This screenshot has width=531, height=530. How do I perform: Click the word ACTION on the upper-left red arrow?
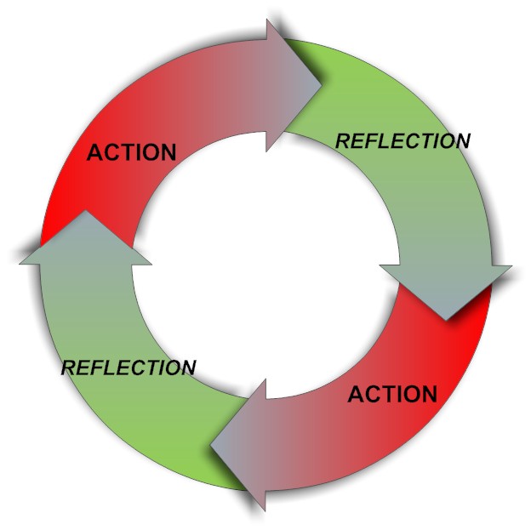click(132, 153)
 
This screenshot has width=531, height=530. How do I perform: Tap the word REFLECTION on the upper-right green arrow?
click(403, 141)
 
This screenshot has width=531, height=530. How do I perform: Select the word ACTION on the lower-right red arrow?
click(392, 395)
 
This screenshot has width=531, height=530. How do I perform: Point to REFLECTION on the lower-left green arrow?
click(128, 368)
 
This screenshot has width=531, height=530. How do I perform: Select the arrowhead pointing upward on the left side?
click(85, 242)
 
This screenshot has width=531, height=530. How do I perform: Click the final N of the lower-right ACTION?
click(427, 395)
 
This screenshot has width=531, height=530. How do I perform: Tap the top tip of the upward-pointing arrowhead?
click(85, 212)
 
